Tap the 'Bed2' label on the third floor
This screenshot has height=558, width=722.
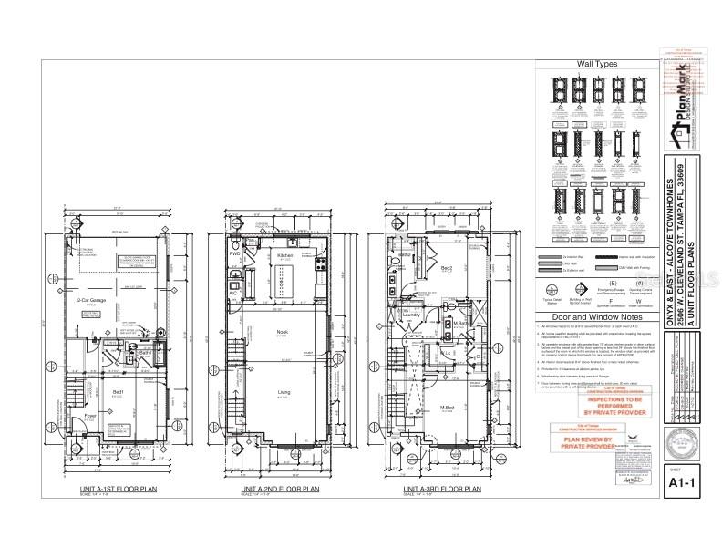tap(447, 269)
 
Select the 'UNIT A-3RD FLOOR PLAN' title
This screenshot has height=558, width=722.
tap(442, 490)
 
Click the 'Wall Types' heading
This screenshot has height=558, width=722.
tap(597, 64)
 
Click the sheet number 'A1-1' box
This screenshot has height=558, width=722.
tap(684, 483)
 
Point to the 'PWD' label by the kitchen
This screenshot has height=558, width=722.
tap(234, 253)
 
